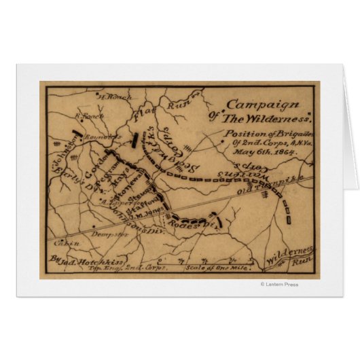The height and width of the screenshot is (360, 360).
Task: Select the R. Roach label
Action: [88, 115]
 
